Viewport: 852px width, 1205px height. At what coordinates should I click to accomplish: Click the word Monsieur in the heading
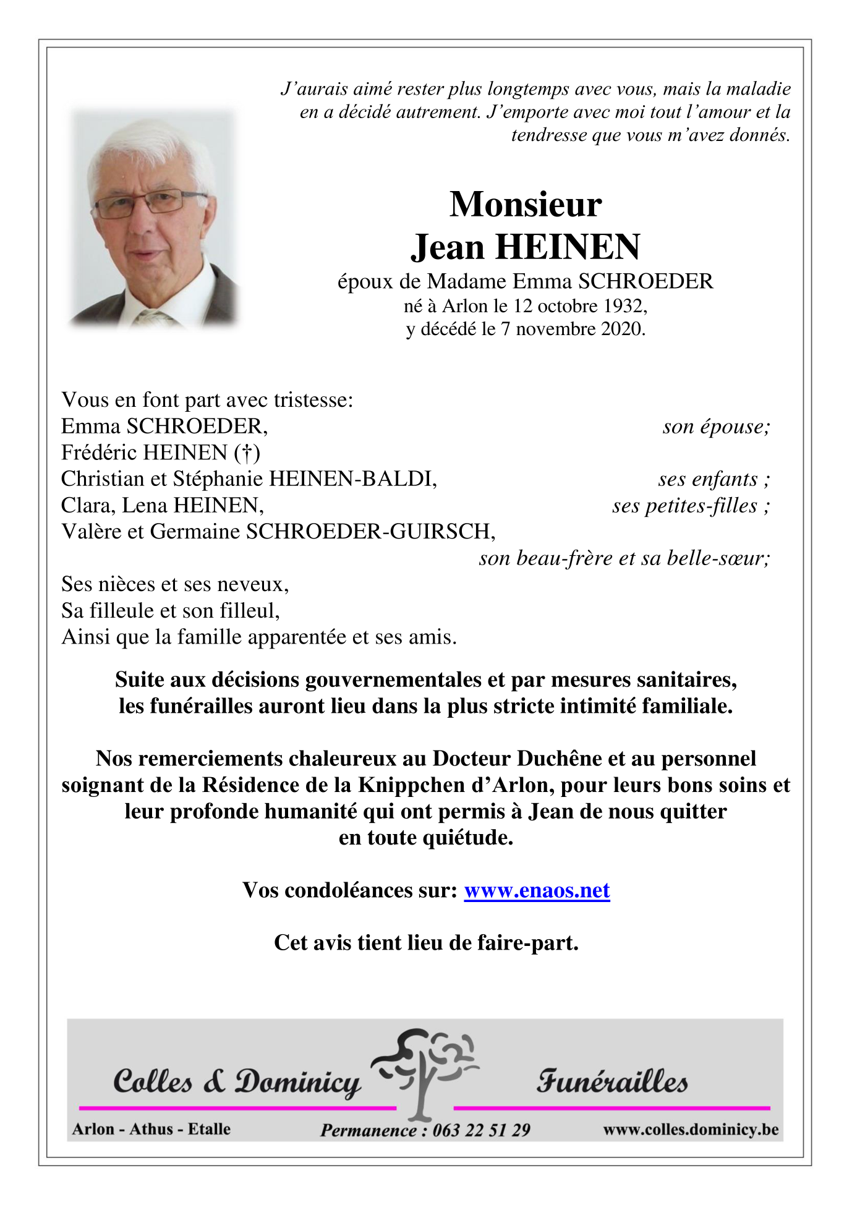click(x=525, y=205)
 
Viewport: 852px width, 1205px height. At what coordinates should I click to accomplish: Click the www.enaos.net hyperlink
click(x=537, y=890)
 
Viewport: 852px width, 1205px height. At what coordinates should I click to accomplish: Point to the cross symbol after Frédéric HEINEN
click(x=247, y=454)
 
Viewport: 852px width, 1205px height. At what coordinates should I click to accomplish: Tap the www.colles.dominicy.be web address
click(x=691, y=1129)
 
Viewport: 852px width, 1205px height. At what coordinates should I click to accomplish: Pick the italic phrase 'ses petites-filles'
click(x=685, y=506)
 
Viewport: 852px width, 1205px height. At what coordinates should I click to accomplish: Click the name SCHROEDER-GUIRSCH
click(x=370, y=532)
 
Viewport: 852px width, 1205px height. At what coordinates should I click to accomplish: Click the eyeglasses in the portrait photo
click(x=148, y=203)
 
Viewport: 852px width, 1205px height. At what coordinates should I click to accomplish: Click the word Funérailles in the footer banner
click(x=611, y=1082)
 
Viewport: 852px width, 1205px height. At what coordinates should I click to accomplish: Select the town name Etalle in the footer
click(x=209, y=1129)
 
